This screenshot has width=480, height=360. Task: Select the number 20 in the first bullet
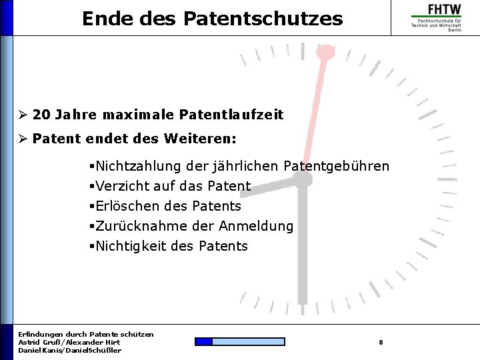(41, 115)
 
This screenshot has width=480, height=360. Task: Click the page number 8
(381, 342)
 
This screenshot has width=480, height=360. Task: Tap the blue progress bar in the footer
(239, 342)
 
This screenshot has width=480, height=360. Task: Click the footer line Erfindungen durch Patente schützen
(86, 334)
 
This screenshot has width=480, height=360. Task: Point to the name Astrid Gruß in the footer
(41, 342)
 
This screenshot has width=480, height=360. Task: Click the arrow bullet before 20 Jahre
(23, 115)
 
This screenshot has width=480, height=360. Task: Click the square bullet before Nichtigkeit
(91, 246)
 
